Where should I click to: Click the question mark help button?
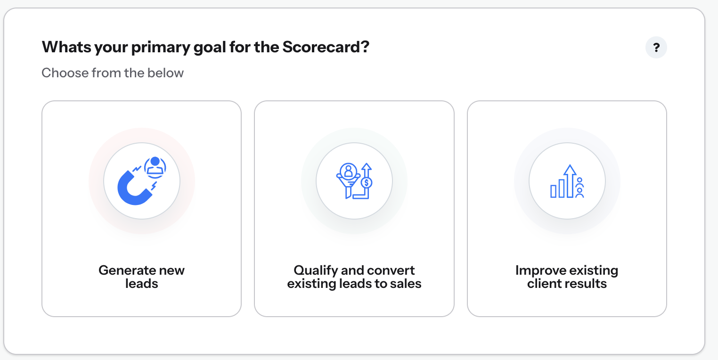[656, 48]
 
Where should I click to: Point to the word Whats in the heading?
[66, 47]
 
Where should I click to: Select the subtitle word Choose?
[65, 73]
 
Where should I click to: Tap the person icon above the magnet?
[155, 167]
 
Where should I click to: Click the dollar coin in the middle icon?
[367, 183]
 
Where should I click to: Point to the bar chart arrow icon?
[567, 181]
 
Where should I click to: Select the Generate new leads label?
[141, 277]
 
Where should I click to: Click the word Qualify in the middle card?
[315, 271]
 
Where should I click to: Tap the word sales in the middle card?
[406, 284]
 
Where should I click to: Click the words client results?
[567, 284]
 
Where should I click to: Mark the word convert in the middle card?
[391, 270]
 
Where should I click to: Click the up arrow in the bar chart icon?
[570, 181]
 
